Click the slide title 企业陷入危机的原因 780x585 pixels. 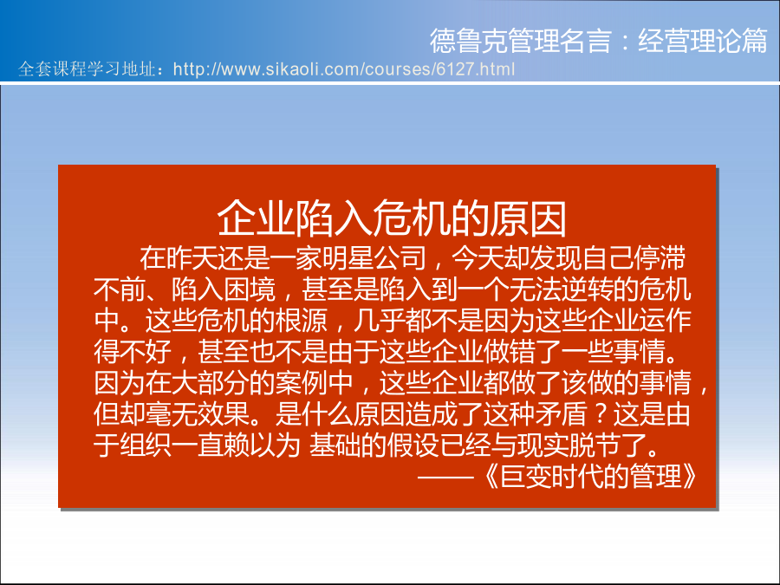392,219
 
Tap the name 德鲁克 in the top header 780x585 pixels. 469,41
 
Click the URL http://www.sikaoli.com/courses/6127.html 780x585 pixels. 344,69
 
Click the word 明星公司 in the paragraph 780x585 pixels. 374,257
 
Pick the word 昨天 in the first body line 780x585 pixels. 192,257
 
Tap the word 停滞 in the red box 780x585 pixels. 660,257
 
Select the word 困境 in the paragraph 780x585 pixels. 250,289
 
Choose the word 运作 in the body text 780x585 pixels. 665,321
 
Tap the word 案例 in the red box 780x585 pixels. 302,383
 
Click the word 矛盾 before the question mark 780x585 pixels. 561,414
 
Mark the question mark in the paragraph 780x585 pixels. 601,414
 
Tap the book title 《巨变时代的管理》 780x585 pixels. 589,477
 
